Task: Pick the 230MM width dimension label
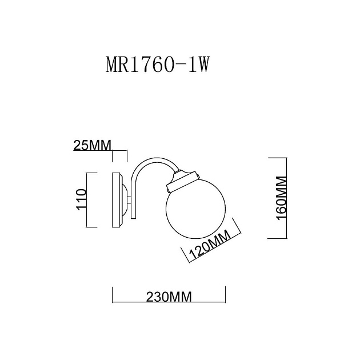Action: pos(168,297)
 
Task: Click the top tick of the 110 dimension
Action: pos(95,171)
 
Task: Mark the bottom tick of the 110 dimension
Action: pos(95,227)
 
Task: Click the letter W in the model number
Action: pos(197,65)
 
